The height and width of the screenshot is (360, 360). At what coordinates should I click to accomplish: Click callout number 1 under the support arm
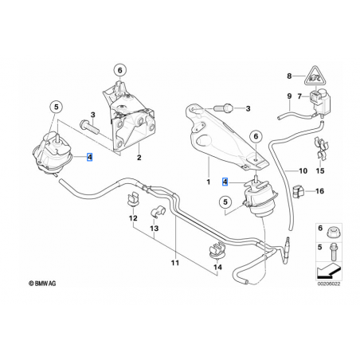[209, 182]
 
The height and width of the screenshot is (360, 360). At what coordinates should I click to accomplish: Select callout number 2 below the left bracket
[139, 158]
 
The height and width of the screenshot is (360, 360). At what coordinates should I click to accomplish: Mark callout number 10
[303, 170]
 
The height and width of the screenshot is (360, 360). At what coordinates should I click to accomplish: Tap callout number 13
[154, 229]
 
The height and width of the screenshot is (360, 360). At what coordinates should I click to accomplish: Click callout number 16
[320, 191]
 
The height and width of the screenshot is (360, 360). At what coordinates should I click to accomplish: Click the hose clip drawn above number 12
[135, 198]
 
